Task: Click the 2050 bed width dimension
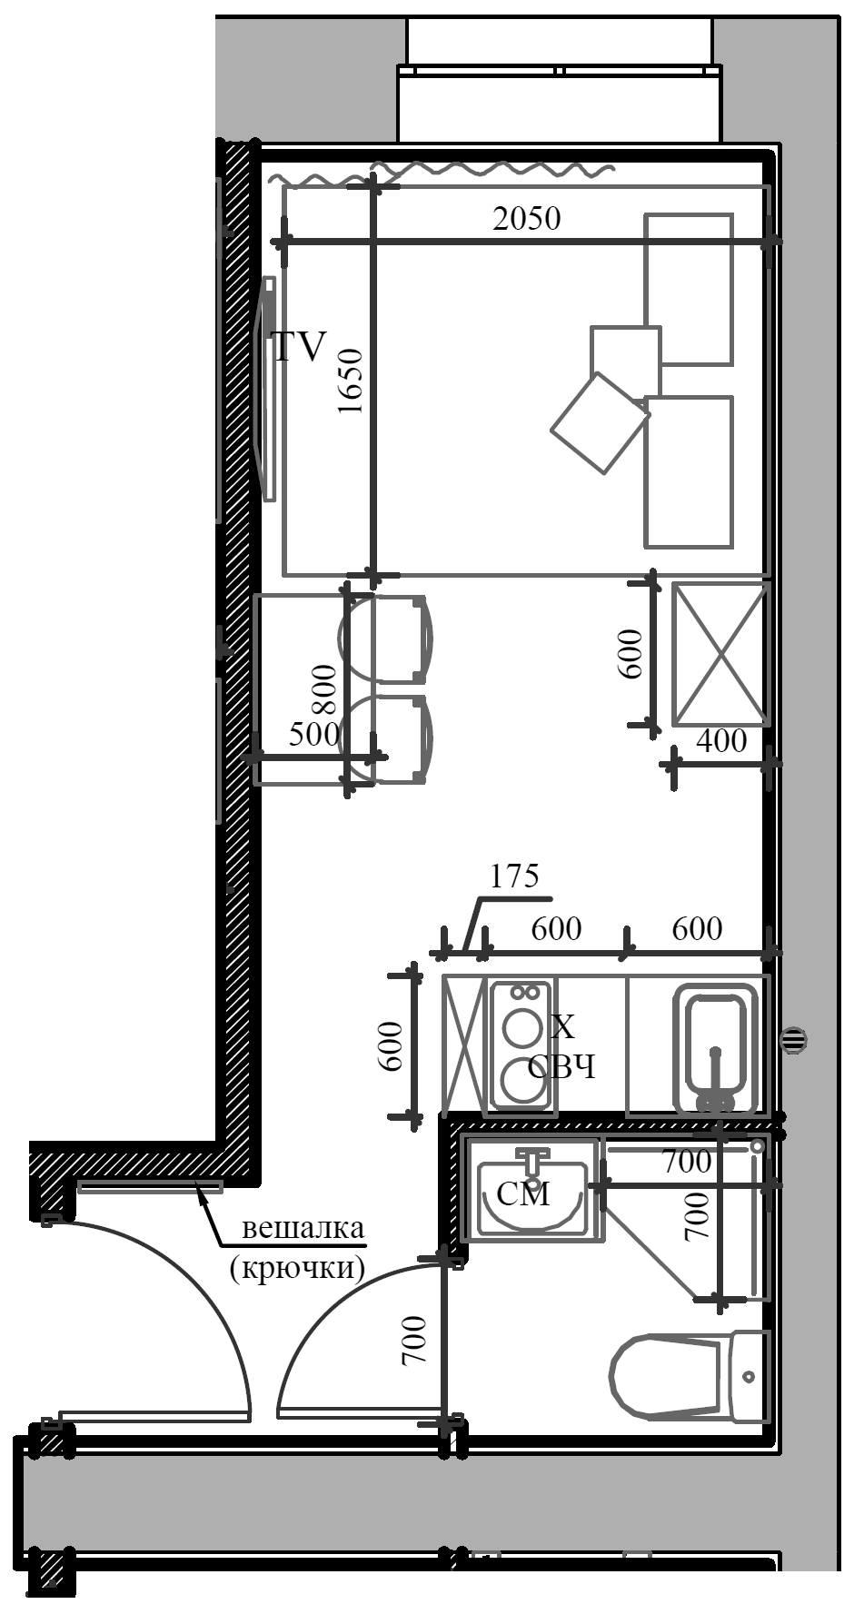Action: click(526, 219)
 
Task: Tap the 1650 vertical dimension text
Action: click(350, 381)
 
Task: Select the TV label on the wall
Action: click(299, 347)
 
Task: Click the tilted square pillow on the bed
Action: click(600, 422)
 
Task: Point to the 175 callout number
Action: click(514, 876)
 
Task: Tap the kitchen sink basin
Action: click(715, 1045)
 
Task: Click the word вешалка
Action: click(303, 1229)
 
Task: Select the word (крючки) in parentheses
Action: click(298, 1266)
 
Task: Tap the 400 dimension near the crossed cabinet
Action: click(721, 741)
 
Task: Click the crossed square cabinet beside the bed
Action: click(720, 655)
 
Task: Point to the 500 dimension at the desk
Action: click(313, 734)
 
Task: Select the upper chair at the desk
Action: click(386, 639)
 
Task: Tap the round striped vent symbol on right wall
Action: click(794, 1040)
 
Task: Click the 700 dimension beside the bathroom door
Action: click(413, 1341)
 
